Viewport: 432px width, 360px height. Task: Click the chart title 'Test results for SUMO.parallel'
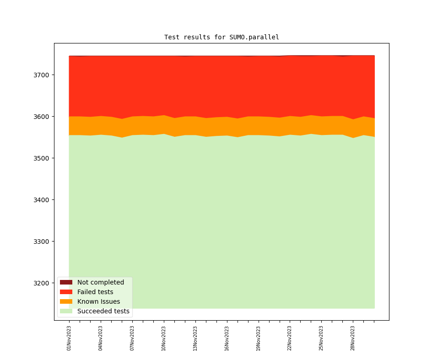pyautogui.click(x=221, y=38)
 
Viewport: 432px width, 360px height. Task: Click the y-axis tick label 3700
pyautogui.click(x=42, y=75)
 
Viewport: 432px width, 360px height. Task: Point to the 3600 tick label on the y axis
pyautogui.click(x=42, y=117)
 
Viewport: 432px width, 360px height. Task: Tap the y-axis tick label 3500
pyautogui.click(x=42, y=158)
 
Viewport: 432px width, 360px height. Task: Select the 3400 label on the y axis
pyautogui.click(x=42, y=200)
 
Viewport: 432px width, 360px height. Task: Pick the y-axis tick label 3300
pyautogui.click(x=42, y=242)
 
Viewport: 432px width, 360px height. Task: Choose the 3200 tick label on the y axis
pyautogui.click(x=42, y=283)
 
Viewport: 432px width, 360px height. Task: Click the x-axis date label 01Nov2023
pyautogui.click(x=69, y=338)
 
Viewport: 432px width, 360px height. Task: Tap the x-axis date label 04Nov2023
pyautogui.click(x=101, y=338)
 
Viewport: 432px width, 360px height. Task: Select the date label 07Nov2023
pyautogui.click(x=132, y=338)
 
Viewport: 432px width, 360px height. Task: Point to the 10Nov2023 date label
pyautogui.click(x=164, y=338)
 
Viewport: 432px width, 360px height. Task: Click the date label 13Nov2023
pyautogui.click(x=195, y=338)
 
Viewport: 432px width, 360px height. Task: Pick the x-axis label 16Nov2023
pyautogui.click(x=227, y=338)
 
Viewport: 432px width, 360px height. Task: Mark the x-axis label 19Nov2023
pyautogui.click(x=259, y=338)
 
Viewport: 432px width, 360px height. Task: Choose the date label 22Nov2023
pyautogui.click(x=290, y=338)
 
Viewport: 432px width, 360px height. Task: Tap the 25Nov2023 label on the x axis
pyautogui.click(x=321, y=338)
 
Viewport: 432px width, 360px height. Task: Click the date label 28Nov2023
pyautogui.click(x=353, y=338)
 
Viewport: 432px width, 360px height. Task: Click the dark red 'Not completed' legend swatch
pyautogui.click(x=66, y=282)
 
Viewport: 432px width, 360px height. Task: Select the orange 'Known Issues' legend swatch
pyautogui.click(x=66, y=301)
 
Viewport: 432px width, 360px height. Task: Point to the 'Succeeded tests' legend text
pyautogui.click(x=103, y=312)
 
